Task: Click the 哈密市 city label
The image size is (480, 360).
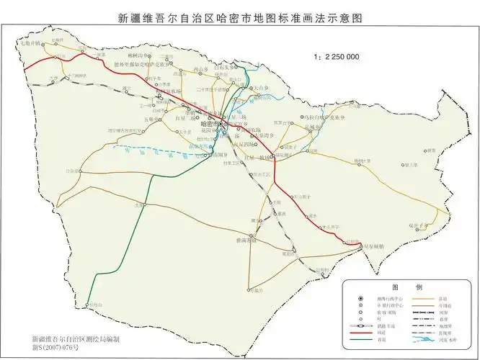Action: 208,124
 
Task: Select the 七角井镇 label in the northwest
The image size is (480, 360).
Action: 30,44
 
